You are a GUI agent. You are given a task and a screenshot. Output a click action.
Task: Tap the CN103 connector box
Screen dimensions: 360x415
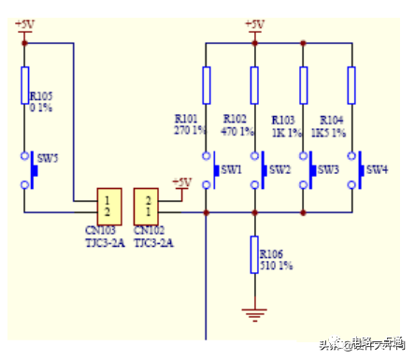pos(109,205)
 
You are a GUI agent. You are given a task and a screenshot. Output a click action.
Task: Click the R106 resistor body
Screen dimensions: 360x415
pos(254,255)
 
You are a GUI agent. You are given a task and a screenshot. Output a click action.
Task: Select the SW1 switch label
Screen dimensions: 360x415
pos(231,169)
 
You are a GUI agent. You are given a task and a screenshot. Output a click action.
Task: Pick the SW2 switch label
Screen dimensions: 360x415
pos(279,169)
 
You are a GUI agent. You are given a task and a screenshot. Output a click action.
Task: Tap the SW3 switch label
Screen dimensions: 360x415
pos(328,169)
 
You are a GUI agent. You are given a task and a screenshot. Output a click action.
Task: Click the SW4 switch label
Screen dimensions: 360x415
pos(377,169)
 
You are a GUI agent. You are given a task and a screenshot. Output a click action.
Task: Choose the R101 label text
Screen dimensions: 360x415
pos(187,120)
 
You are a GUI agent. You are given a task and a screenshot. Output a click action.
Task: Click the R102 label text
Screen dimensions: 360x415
pos(236,120)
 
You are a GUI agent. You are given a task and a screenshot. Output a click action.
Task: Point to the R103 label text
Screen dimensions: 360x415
pos(284,120)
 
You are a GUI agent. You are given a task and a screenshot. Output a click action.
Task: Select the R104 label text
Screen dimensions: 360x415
pos(333,120)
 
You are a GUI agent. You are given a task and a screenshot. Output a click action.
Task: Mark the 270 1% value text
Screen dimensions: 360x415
pos(190,131)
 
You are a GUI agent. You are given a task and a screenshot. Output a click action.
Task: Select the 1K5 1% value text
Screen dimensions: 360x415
pos(337,132)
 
